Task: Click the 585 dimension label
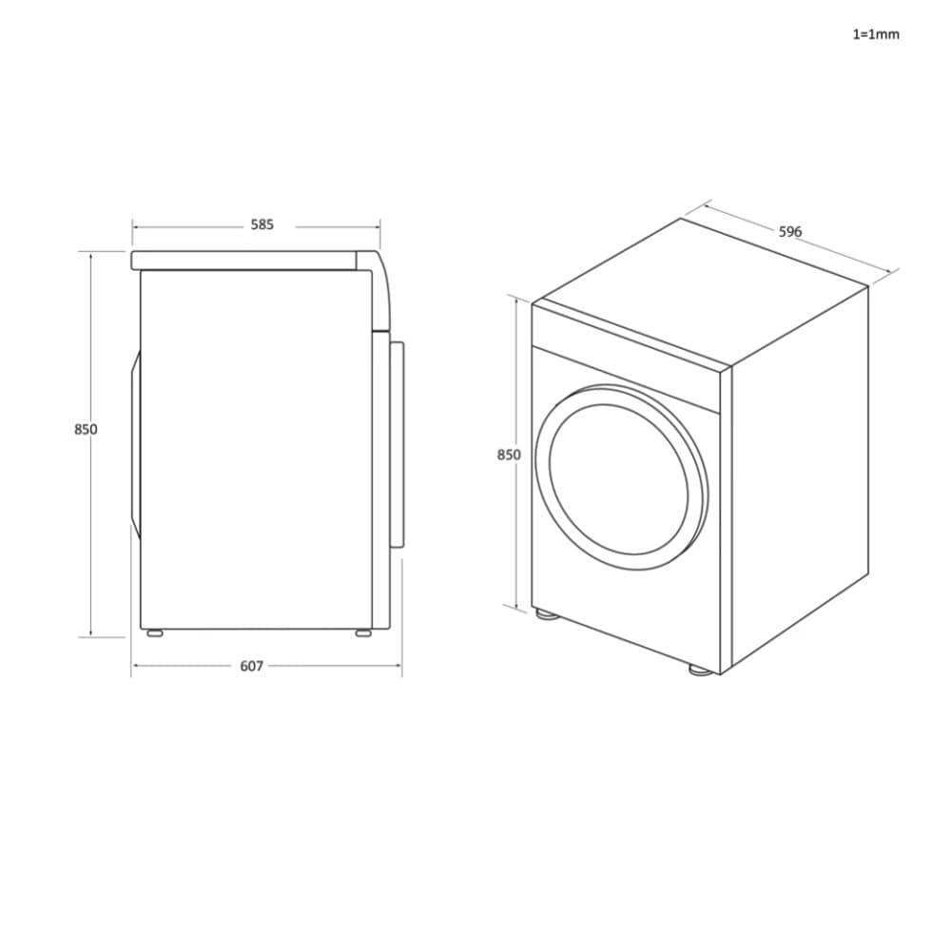coord(262,225)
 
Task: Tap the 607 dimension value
coord(251,667)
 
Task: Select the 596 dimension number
coord(790,231)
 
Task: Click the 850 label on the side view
coord(86,429)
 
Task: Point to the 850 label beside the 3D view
coord(509,455)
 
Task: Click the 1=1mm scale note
coord(875,34)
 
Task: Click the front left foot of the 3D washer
coord(546,614)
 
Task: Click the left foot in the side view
coord(152,631)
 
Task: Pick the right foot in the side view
coord(364,631)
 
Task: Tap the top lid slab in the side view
coord(247,260)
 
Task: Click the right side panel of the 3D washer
coord(799,475)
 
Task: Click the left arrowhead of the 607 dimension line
coord(135,666)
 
